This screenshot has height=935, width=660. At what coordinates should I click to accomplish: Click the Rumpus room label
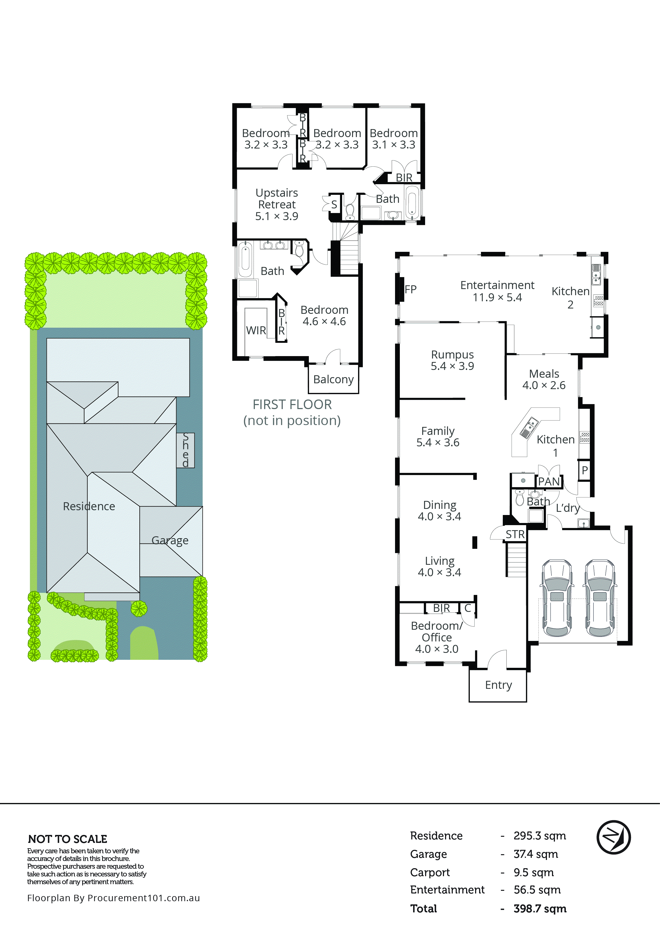(452, 355)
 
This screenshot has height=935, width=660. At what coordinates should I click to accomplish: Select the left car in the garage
(557, 598)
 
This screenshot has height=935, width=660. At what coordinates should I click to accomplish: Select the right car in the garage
(600, 598)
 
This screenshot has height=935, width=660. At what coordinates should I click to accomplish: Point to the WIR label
(256, 330)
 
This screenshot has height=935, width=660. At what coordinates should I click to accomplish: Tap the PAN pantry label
(549, 481)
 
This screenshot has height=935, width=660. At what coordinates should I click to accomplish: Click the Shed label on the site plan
(185, 450)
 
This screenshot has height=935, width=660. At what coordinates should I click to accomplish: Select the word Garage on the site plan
(170, 540)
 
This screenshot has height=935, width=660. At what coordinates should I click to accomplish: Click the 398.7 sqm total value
(539, 909)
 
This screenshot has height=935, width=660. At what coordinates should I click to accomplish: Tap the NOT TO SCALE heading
(68, 839)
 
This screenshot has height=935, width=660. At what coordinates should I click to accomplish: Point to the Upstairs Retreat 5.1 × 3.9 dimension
(276, 216)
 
